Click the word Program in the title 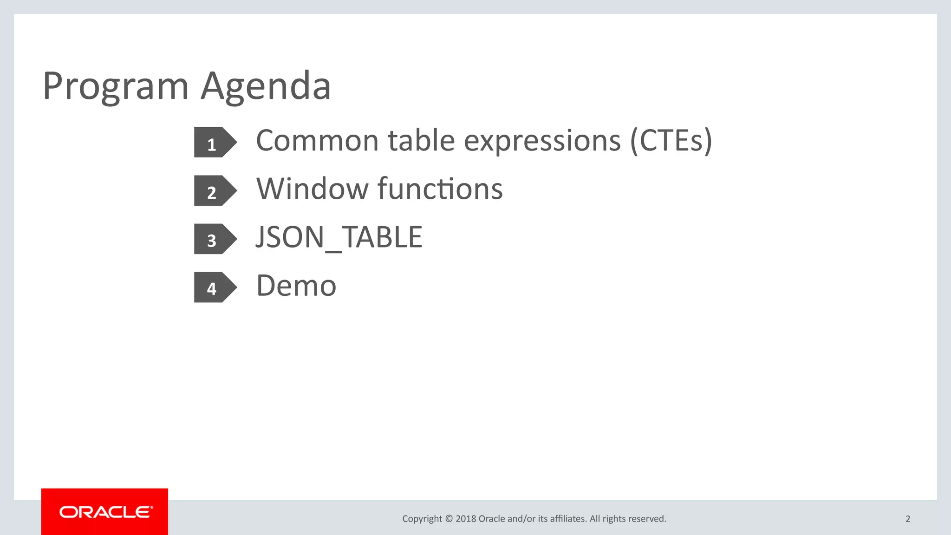tap(116, 86)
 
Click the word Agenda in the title tap(266, 86)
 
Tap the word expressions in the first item tap(542, 141)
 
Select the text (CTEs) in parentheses tap(671, 141)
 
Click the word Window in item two tap(312, 189)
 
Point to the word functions tap(440, 189)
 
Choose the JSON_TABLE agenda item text tap(339, 237)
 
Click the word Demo tap(296, 286)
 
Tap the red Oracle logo tap(105, 512)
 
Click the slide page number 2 tap(908, 519)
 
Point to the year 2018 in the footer tap(466, 519)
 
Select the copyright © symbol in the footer tap(449, 519)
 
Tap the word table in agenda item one tap(421, 141)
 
